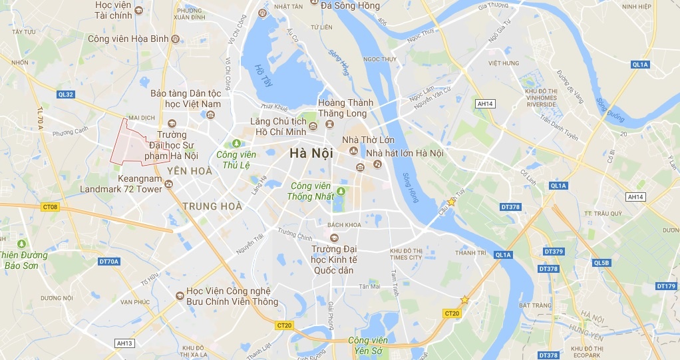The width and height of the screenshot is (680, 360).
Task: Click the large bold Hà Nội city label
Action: click(x=311, y=154)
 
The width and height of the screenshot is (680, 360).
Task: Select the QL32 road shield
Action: click(x=66, y=94)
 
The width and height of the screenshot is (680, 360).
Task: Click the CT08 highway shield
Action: click(x=51, y=208)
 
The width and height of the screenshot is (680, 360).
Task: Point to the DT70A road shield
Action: click(x=109, y=262)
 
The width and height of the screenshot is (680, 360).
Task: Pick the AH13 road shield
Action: click(x=124, y=343)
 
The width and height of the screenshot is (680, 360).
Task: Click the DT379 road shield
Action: click(x=554, y=252)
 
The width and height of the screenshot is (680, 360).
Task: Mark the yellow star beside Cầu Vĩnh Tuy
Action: click(x=452, y=202)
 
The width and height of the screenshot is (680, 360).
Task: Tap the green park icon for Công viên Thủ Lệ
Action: click(x=234, y=143)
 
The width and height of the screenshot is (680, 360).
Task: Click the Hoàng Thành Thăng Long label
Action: click(x=345, y=108)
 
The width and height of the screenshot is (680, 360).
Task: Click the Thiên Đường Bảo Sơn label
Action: click(x=24, y=260)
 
